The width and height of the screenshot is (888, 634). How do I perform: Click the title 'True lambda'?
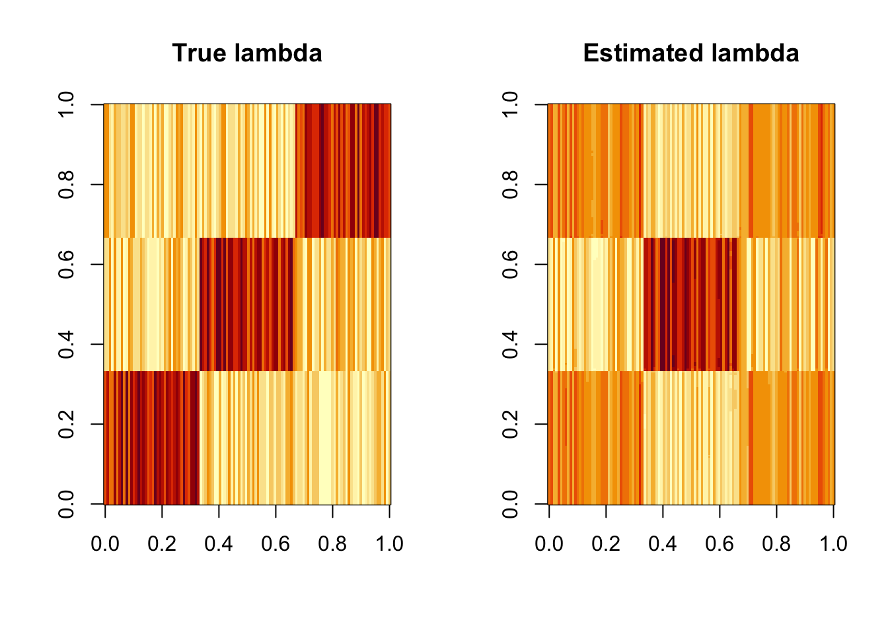tap(247, 53)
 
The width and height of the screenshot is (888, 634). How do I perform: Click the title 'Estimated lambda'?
tap(690, 53)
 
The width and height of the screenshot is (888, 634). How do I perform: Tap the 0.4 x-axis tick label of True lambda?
tap(219, 544)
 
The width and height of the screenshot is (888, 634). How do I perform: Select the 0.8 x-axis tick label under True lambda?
tap(332, 544)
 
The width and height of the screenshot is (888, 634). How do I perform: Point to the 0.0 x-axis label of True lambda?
tap(105, 544)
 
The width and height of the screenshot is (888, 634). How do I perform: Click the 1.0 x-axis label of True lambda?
tap(389, 544)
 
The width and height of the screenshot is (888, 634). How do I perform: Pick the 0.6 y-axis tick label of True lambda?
tap(66, 264)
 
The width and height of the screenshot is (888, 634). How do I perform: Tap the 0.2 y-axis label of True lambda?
tap(66, 424)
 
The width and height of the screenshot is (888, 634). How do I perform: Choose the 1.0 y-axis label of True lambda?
tap(66, 104)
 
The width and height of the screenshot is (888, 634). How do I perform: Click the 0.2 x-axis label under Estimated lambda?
tap(606, 544)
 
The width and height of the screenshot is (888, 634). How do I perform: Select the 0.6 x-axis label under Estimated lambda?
tap(720, 544)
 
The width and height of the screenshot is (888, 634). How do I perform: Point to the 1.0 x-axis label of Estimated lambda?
tap(833, 544)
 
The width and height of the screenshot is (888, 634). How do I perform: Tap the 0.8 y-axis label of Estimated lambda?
tap(510, 184)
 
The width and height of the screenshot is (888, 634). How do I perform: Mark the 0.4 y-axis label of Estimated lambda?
tap(510, 344)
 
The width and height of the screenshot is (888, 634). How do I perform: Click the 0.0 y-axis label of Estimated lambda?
tap(510, 504)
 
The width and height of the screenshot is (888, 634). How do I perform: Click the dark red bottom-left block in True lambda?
tap(152, 437)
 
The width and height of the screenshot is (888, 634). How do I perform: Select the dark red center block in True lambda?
tap(246, 304)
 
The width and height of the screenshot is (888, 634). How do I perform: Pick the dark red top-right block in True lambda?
tap(344, 170)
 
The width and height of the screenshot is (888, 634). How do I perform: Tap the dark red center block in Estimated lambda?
tap(690, 304)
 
